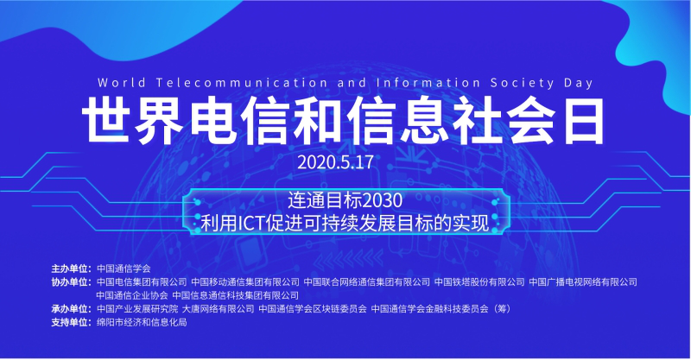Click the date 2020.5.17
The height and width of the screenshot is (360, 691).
tap(335, 162)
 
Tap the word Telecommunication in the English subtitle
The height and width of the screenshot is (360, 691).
tap(242, 83)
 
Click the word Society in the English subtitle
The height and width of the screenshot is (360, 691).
tap(523, 83)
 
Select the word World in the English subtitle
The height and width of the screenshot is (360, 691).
tap(122, 83)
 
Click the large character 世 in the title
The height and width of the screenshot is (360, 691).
tap(107, 121)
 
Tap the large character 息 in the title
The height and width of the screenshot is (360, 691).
tap(425, 121)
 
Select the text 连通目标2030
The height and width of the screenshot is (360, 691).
tap(345, 200)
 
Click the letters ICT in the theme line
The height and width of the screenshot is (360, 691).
tap(250, 223)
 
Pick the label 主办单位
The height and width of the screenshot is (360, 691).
tap(71, 268)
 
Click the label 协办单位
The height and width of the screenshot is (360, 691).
tap(71, 282)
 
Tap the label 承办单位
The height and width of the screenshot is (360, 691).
tap(71, 309)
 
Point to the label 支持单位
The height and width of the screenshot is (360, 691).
tap(71, 323)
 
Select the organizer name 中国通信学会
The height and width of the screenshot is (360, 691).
tap(124, 268)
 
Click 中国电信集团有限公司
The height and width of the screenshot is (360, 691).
tap(142, 282)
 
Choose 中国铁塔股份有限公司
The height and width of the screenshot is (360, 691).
tap(479, 282)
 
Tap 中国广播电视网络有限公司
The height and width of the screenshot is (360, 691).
tap(583, 282)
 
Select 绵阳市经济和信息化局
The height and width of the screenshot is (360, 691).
tap(142, 323)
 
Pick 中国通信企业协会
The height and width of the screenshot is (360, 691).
tap(132, 295)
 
